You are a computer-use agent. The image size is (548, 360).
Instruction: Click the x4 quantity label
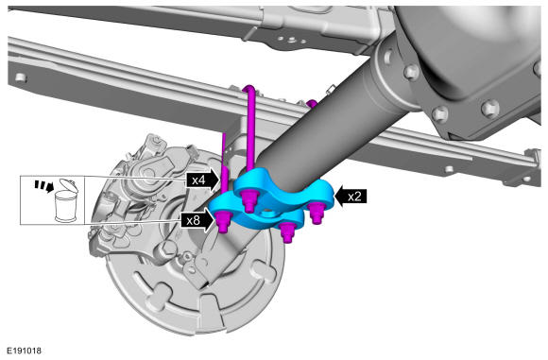(198, 180)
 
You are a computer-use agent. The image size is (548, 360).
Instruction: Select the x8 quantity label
(194, 220)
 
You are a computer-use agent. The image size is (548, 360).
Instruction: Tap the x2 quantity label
(354, 197)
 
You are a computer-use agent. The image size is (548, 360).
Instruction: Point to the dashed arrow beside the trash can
(44, 185)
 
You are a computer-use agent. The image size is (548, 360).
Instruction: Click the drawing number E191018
(25, 351)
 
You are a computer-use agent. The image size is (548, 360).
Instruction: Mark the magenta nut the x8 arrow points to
(223, 222)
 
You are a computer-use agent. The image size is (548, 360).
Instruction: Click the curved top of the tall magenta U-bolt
(249, 89)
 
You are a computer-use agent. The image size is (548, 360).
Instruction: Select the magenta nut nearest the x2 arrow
(317, 214)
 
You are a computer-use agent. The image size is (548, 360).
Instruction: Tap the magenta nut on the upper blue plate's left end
(249, 201)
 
